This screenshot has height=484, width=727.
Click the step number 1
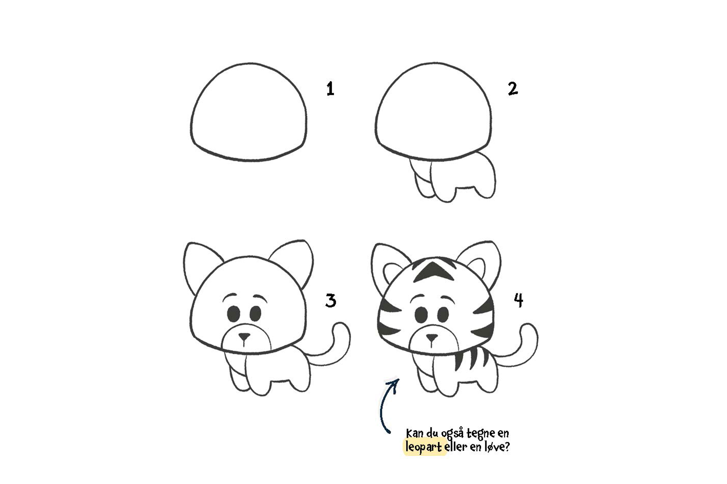330,89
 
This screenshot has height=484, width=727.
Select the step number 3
330,301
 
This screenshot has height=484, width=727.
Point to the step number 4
519,300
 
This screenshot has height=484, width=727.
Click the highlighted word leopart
424,447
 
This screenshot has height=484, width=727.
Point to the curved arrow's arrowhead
394,384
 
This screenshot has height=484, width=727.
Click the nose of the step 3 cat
244,335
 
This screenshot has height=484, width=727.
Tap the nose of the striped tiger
432,337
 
